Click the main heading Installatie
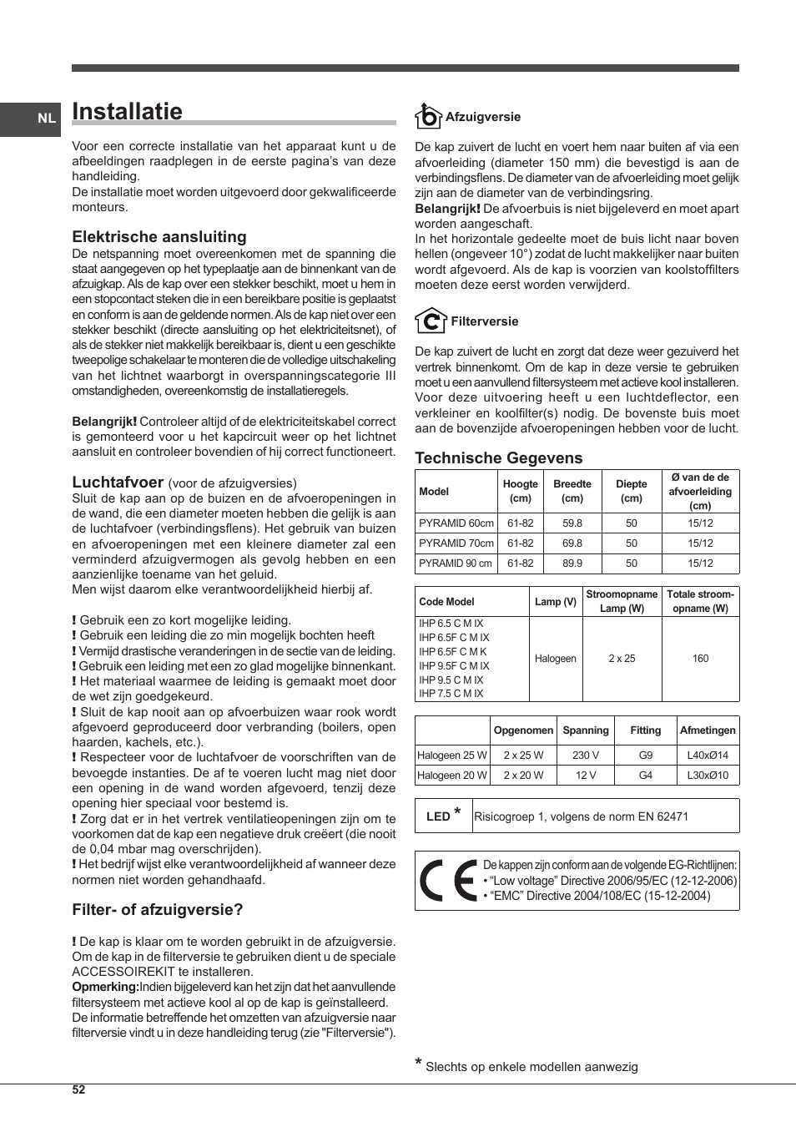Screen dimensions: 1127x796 click(x=127, y=112)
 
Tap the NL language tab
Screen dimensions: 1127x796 click(x=47, y=119)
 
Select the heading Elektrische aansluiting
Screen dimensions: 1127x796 click(x=159, y=237)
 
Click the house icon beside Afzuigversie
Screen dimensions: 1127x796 click(x=428, y=116)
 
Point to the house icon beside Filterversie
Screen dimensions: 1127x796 click(x=431, y=321)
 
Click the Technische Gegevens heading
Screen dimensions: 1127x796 click(x=499, y=457)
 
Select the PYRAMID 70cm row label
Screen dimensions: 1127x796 click(x=456, y=543)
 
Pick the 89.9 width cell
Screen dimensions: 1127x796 click(x=572, y=563)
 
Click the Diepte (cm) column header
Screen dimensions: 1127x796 click(x=631, y=491)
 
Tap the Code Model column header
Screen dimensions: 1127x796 click(x=446, y=602)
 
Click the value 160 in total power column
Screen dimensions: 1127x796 click(x=700, y=659)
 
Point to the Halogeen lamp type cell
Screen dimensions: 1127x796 click(x=555, y=659)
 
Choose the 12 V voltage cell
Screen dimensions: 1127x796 click(x=585, y=776)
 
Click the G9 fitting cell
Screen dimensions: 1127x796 click(x=645, y=756)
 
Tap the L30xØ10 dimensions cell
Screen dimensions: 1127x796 click(x=708, y=776)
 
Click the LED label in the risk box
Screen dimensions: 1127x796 click(x=438, y=816)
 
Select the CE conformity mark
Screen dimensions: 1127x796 click(x=448, y=881)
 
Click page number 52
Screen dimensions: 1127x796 click(x=78, y=1089)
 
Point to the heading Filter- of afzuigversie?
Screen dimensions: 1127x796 click(x=158, y=910)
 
